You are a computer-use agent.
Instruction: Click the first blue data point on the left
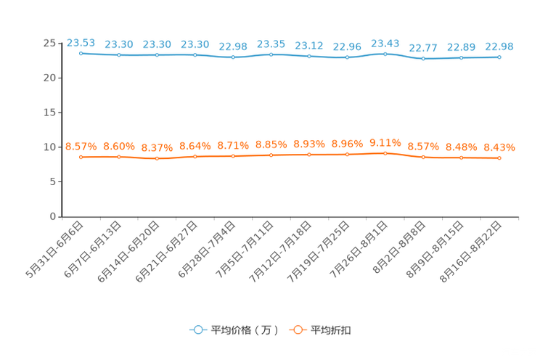pyautogui.click(x=81, y=53)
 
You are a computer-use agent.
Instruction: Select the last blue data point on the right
pyautogui.click(x=499, y=57)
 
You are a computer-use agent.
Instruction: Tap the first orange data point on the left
pyautogui.click(x=81, y=157)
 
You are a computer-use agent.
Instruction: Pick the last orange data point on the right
pyautogui.click(x=499, y=158)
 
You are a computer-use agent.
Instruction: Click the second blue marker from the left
pyautogui.click(x=118, y=55)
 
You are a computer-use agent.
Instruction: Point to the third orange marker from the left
pyautogui.click(x=157, y=157)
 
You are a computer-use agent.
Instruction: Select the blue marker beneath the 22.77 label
pyautogui.click(x=423, y=59)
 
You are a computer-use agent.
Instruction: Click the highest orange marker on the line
pyautogui.click(x=385, y=153)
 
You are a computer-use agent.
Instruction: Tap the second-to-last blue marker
pyautogui.click(x=461, y=57)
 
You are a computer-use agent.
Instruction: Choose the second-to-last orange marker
pyautogui.click(x=461, y=157)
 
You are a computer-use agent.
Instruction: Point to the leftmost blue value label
pyautogui.click(x=81, y=43)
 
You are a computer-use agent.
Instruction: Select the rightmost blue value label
pyautogui.click(x=499, y=46)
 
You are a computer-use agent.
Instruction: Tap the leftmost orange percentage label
pyautogui.click(x=81, y=147)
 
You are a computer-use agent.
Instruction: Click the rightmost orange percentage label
pyautogui.click(x=499, y=148)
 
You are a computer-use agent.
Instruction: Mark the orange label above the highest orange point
pyautogui.click(x=385, y=142)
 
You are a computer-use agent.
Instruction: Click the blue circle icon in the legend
pyautogui.click(x=197, y=330)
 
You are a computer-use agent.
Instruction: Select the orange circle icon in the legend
pyautogui.click(x=296, y=330)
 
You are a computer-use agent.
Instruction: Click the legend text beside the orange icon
pyautogui.click(x=332, y=330)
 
